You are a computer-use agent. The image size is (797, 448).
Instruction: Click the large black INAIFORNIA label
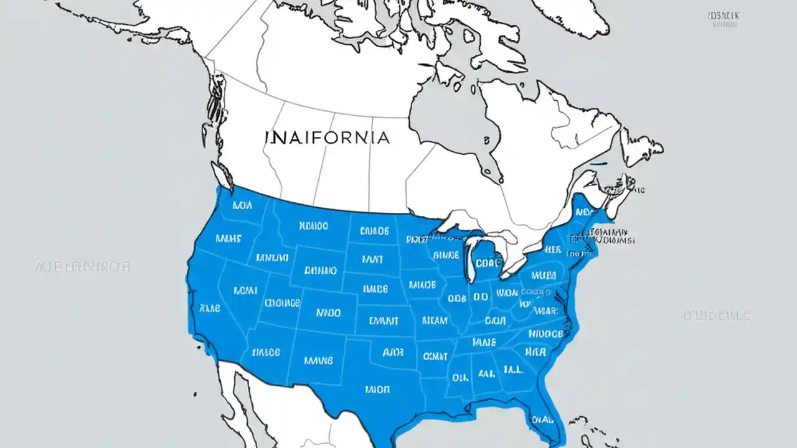327,137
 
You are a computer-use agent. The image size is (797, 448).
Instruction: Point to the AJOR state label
393,352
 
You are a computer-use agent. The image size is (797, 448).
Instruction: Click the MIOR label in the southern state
377,390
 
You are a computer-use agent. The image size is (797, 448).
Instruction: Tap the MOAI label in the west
245,290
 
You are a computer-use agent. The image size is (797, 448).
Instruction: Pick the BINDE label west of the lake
445,254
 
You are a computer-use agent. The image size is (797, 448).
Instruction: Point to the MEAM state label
435,321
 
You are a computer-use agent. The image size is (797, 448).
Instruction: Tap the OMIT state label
435,356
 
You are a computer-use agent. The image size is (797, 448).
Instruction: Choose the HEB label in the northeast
552,250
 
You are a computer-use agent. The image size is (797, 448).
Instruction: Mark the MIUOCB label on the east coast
545,334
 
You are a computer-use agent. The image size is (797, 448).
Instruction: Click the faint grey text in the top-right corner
722,19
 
